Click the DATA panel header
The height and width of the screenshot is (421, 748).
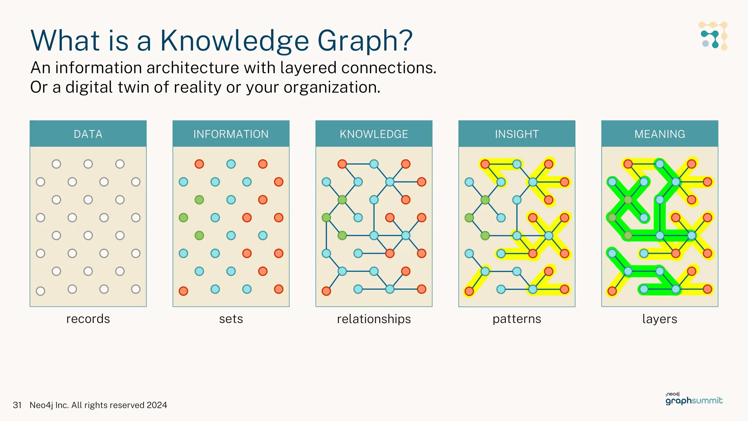click(88, 134)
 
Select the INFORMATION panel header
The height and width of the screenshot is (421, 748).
click(231, 134)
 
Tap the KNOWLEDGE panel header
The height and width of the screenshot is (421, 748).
click(374, 134)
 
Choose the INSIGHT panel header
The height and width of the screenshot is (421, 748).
click(517, 134)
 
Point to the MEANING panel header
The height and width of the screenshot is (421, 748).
click(660, 134)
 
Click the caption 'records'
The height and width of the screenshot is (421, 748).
click(88, 319)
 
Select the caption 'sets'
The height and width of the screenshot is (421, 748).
click(231, 319)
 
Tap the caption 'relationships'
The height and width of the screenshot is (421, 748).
click(374, 319)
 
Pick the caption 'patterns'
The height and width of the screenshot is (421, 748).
click(517, 319)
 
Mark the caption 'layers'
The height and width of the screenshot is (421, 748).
click(660, 319)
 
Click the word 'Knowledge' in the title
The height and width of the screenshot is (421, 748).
click(234, 41)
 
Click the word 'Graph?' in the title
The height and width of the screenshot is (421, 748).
click(365, 41)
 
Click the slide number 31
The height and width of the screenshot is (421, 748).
click(17, 405)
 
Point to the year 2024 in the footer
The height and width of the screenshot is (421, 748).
click(157, 405)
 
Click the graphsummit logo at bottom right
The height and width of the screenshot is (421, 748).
click(694, 400)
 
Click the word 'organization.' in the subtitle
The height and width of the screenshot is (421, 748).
click(332, 88)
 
